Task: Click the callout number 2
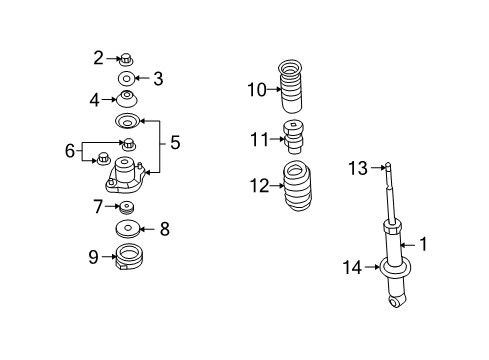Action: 99,57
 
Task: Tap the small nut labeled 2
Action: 127,58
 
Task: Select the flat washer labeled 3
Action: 128,78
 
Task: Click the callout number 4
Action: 95,99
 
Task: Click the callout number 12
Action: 259,185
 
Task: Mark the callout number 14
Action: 350,266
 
